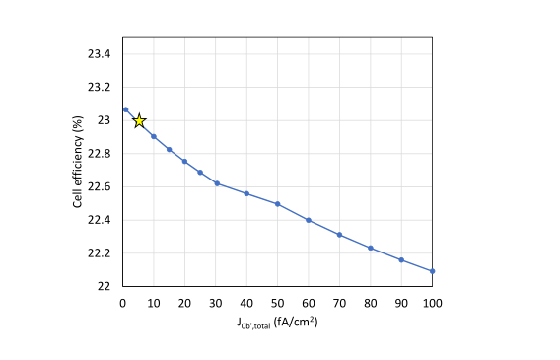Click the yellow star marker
[139, 120]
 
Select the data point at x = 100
[432, 271]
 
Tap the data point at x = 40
[246, 193]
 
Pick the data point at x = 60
[309, 220]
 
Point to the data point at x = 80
[371, 248]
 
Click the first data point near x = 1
[125, 109]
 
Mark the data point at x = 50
[277, 204]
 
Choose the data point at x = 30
[216, 183]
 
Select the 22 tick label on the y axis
[103, 287]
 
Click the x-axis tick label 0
[122, 300]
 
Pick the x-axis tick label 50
[277, 300]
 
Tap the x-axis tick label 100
[432, 300]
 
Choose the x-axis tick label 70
[339, 300]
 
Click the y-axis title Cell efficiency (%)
[77, 170]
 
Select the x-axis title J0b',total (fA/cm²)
[277, 321]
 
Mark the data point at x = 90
[401, 260]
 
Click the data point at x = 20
[184, 161]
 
